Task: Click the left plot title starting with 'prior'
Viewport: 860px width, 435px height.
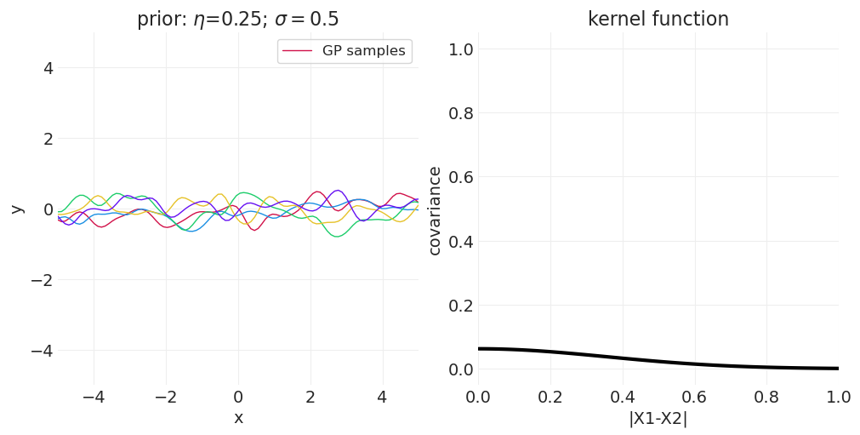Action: click(x=237, y=20)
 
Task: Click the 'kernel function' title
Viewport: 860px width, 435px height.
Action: click(x=658, y=20)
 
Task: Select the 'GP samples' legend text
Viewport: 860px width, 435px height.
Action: click(x=363, y=51)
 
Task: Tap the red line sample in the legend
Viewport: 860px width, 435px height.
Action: click(x=298, y=51)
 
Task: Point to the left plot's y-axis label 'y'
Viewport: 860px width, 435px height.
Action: click(x=15, y=209)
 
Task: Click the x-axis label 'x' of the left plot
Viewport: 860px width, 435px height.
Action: click(x=238, y=418)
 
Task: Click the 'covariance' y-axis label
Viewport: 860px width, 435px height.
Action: click(x=435, y=210)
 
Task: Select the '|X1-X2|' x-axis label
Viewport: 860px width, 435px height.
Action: click(x=658, y=418)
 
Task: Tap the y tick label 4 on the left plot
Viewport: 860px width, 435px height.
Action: click(x=48, y=68)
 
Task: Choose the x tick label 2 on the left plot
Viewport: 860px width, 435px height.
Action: click(x=310, y=397)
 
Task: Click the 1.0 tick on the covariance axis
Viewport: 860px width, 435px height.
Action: click(x=460, y=49)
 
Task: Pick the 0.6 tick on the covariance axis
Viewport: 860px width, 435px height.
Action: click(x=460, y=177)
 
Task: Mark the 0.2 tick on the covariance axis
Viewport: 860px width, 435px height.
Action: click(x=460, y=306)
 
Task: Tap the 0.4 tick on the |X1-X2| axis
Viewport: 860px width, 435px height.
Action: click(x=622, y=397)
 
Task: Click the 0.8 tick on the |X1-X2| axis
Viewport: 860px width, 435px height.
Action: click(x=766, y=397)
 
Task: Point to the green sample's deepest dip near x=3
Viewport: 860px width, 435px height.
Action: click(x=338, y=236)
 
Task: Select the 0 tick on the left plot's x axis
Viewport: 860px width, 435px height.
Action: click(x=238, y=397)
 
